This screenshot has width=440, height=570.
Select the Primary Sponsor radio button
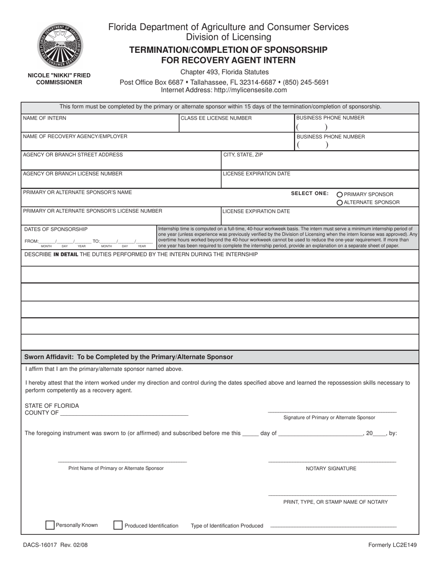pyautogui.click(x=340, y=195)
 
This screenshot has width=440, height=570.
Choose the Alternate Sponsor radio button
pyautogui.click(x=340, y=203)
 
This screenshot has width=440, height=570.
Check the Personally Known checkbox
pyautogui.click(x=50, y=525)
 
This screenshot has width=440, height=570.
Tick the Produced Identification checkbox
pyautogui.click(x=118, y=525)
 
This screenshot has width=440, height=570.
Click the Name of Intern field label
pyautogui.click(x=44, y=118)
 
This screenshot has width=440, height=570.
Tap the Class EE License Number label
pyautogui.click(x=216, y=118)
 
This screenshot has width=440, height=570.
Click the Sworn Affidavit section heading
pyautogui.click(x=128, y=357)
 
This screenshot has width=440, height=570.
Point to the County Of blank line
pyautogui.click(x=124, y=413)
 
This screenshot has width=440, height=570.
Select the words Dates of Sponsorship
pyautogui.click(x=56, y=229)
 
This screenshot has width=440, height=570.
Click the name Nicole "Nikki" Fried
pyautogui.click(x=59, y=75)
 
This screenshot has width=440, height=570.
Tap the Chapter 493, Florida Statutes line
pyautogui.click(x=224, y=72)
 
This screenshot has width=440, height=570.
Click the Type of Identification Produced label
pyautogui.click(x=227, y=526)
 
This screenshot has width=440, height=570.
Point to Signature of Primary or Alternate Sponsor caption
pyautogui.click(x=329, y=418)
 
